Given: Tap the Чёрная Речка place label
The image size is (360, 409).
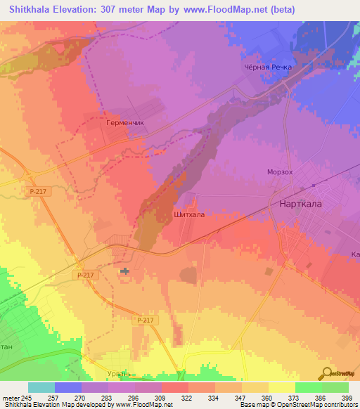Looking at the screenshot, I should tap(277, 67).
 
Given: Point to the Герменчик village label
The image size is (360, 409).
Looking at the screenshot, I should tap(124, 122).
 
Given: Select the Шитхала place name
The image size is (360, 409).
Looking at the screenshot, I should tap(188, 215).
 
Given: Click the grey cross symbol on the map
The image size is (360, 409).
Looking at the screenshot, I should tap(125, 271).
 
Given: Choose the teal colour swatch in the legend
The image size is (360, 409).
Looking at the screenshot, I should tap(41, 387).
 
